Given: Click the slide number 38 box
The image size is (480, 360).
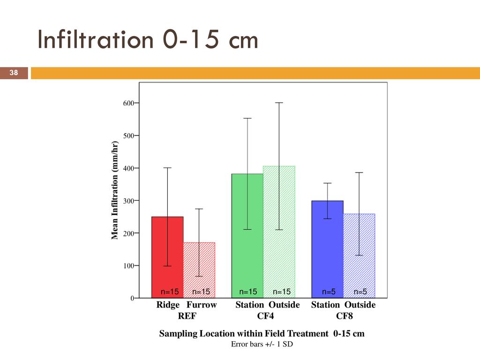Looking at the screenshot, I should (x=14, y=73).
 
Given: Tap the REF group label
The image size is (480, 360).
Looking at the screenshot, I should (x=187, y=316).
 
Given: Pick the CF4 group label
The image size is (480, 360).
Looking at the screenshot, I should (x=265, y=316).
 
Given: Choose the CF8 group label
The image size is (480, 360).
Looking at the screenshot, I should (x=345, y=316).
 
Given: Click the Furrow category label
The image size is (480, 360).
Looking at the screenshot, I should (x=202, y=305).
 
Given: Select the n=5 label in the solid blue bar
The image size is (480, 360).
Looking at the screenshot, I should (x=328, y=292).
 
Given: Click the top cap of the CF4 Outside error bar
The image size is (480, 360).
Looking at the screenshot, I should (x=279, y=103).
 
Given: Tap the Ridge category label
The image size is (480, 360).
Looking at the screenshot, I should (x=168, y=305).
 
